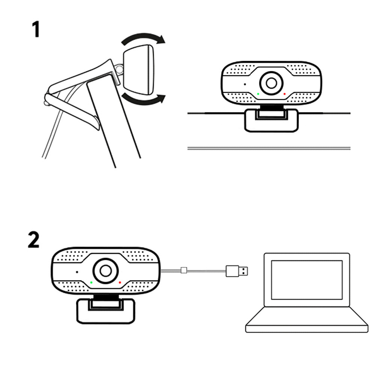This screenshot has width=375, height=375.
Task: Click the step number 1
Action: click(36, 30)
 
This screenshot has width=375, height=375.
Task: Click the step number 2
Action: click(34, 240)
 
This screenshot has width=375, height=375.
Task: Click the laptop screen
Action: click(307, 279)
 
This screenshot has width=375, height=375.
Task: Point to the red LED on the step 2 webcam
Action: click(120, 282)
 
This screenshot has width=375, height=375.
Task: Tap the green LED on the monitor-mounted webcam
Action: click(258, 94)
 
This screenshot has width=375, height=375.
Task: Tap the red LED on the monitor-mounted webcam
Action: click(285, 94)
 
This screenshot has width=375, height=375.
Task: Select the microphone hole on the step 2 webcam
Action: click(77, 271)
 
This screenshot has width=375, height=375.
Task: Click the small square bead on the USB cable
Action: click(183, 270)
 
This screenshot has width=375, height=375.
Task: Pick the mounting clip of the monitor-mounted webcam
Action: click(271, 120)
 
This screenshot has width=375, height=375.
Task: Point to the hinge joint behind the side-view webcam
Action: click(120, 70)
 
